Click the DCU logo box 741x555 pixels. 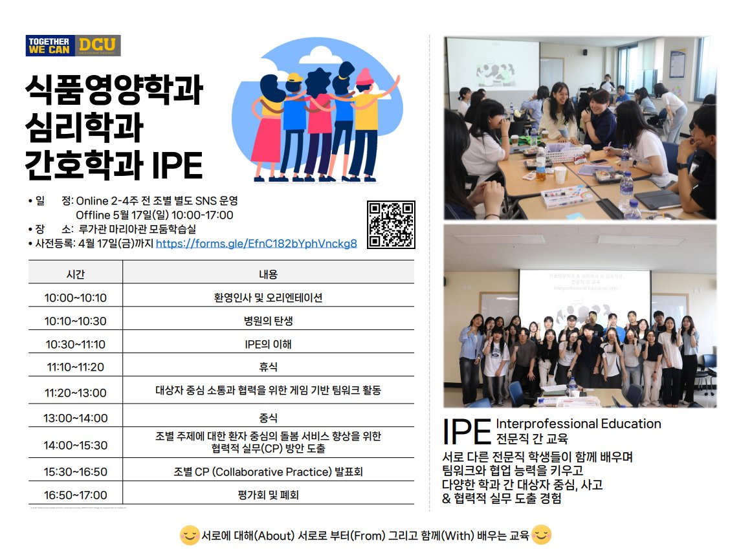[x=98, y=45]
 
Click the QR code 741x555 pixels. [x=391, y=224]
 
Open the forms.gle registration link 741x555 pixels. [x=256, y=244]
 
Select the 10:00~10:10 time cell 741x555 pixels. [x=76, y=298]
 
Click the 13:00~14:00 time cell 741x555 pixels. [x=76, y=418]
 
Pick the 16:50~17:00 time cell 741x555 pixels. [x=76, y=495]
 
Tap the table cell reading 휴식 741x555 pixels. [x=268, y=367]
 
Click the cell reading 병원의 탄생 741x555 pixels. [x=268, y=321]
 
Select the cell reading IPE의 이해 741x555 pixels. [x=268, y=344]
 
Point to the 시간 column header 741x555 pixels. [x=76, y=274]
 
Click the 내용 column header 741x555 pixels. [x=268, y=274]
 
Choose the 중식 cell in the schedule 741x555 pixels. [x=268, y=418]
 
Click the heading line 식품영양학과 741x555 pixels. [x=115, y=91]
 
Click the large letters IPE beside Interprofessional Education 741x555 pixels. [x=467, y=431]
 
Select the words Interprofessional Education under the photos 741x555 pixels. [x=578, y=424]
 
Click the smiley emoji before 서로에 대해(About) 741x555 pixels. [x=190, y=536]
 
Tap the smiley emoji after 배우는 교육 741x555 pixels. [x=542, y=535]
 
